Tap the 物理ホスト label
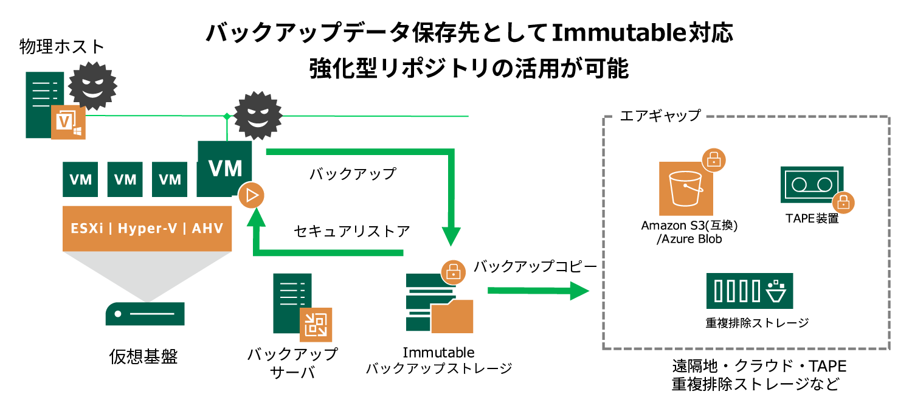point(62,47)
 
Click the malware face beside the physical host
point(92,85)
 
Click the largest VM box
point(224,168)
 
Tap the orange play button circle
point(252,196)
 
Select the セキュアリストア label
point(351,231)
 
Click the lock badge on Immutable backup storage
point(452,273)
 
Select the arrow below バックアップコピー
point(538,291)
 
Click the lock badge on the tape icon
point(843,201)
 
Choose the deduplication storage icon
point(749,291)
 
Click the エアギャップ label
point(660,115)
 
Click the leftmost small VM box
point(81,179)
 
